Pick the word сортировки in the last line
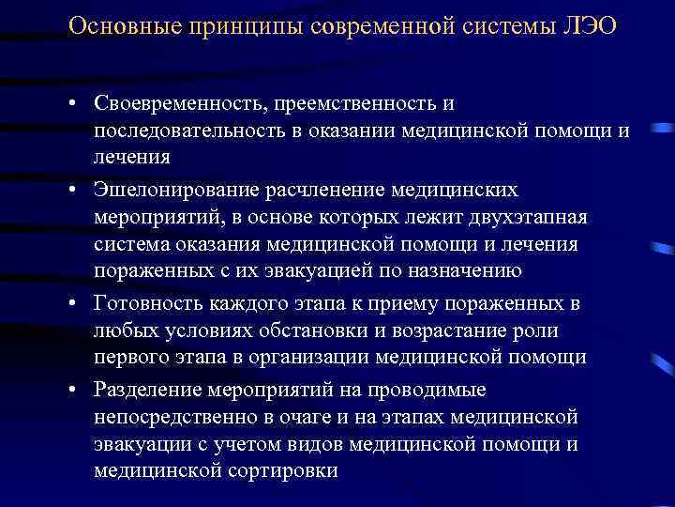[278, 470]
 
